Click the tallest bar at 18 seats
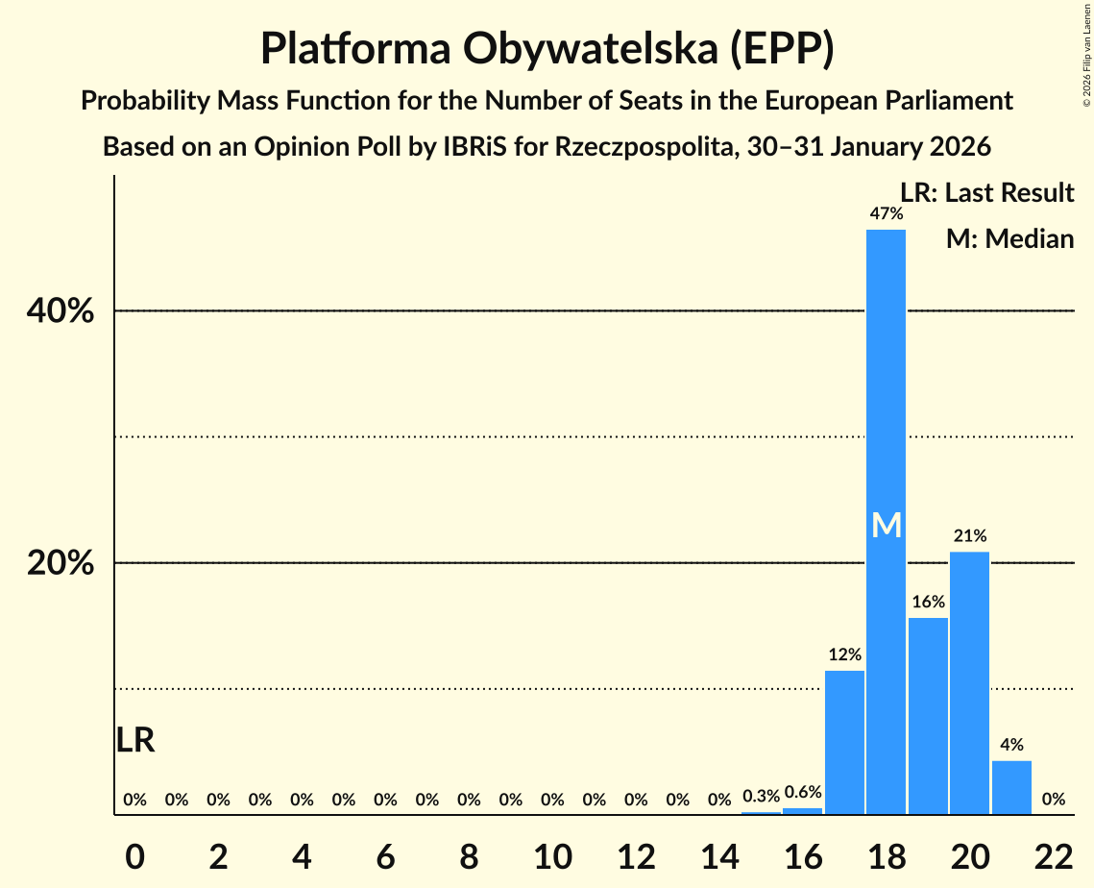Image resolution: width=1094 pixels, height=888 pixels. (886, 384)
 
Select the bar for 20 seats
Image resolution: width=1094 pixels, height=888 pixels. (969, 682)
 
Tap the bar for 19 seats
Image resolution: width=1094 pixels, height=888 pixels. (928, 716)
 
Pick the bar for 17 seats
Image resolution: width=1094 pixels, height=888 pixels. (844, 742)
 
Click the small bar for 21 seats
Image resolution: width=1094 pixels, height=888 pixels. (1011, 788)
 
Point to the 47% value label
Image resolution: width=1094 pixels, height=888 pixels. (886, 214)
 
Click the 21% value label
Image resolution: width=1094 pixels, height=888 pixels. (969, 536)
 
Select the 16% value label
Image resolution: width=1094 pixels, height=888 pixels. (928, 603)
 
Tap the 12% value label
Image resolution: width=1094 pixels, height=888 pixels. (844, 655)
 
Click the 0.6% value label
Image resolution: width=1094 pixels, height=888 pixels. (803, 793)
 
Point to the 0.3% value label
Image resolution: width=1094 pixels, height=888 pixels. (761, 797)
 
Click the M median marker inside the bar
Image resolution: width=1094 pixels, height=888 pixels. (886, 526)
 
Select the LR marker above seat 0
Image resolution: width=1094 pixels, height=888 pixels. (135, 740)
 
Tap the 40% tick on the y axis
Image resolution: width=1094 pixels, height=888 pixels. (60, 311)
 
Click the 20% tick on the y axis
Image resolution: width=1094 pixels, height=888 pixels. (60, 563)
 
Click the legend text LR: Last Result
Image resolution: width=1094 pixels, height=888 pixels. (986, 193)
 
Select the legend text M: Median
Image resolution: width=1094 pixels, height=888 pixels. (1009, 238)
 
